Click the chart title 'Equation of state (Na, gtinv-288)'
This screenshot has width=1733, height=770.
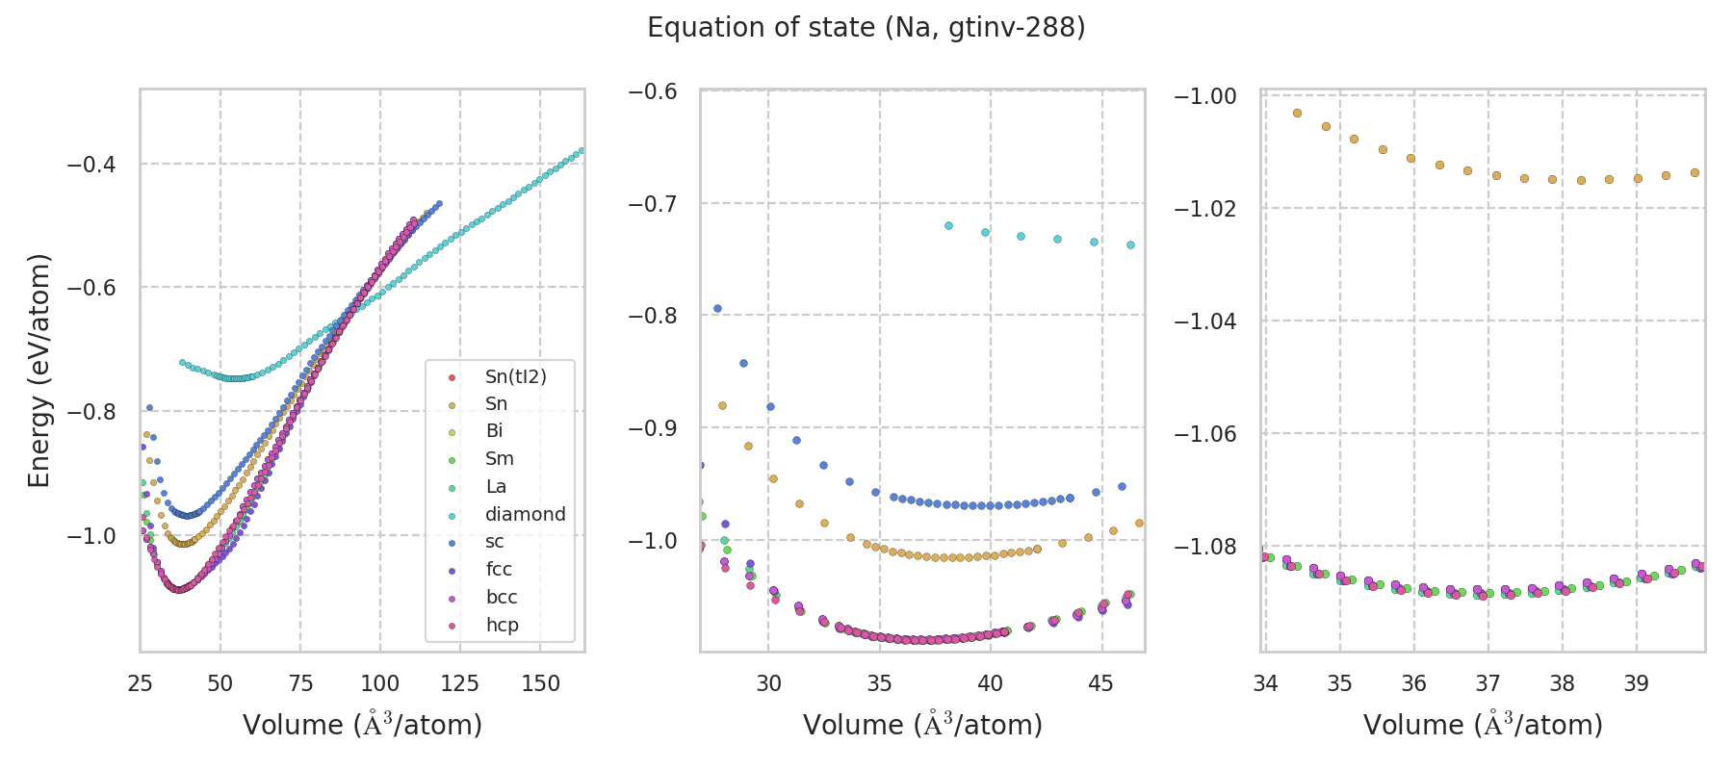(x=866, y=28)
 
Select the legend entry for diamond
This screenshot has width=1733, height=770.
(x=525, y=514)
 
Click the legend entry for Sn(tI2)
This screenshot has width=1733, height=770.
(x=515, y=376)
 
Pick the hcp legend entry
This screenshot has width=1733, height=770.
(x=502, y=625)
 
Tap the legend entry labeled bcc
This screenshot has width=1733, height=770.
(x=502, y=597)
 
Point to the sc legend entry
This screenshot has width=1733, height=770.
(x=494, y=542)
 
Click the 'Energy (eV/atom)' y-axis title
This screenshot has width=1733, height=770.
(x=39, y=371)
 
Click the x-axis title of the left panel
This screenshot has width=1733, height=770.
(x=362, y=725)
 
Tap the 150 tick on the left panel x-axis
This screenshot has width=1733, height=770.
(x=540, y=683)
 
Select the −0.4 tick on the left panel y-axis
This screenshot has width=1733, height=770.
(x=91, y=165)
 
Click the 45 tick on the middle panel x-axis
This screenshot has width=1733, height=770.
(x=1100, y=683)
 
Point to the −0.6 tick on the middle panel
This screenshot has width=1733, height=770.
(x=653, y=91)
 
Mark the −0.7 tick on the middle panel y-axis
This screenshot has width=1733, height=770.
(x=653, y=203)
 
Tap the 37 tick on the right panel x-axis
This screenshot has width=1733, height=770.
(x=1487, y=683)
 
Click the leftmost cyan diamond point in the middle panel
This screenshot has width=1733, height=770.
(x=948, y=225)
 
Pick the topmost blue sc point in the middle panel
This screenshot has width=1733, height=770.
(x=717, y=309)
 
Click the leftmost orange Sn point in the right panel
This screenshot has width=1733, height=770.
(x=1297, y=113)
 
